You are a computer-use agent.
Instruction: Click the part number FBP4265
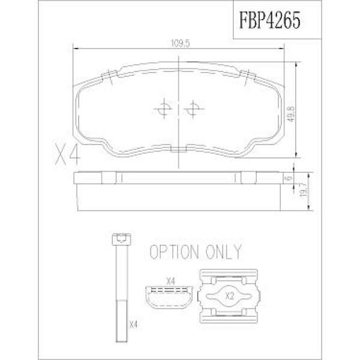[x=270, y=20]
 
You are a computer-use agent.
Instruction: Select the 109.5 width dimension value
[x=181, y=43]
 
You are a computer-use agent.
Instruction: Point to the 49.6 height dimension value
[x=291, y=114]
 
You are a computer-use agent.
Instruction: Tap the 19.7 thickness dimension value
[x=304, y=190]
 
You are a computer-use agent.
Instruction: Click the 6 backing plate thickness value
[x=289, y=178]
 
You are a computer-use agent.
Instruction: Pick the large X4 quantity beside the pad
[x=68, y=154]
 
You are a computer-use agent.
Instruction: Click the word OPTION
[x=174, y=252]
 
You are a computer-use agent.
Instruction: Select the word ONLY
[x=223, y=252]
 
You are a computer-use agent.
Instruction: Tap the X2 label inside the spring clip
[x=230, y=296]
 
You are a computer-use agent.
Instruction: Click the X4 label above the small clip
[x=170, y=281]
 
